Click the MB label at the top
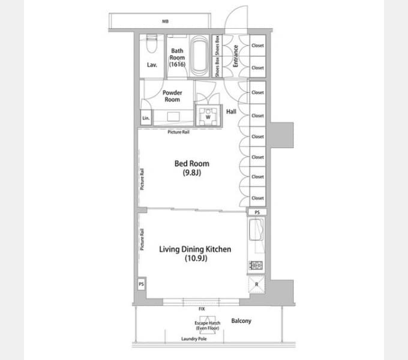click(165, 22)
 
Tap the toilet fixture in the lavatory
click(152, 43)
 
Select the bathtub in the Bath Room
click(200, 56)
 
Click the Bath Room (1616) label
click(177, 58)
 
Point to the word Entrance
click(235, 56)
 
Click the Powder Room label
click(172, 96)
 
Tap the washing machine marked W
click(208, 116)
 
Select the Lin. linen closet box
click(146, 118)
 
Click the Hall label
click(231, 112)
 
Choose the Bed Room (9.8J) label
click(192, 168)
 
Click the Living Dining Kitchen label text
click(195, 249)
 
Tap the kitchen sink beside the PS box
click(257, 230)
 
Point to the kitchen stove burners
click(256, 265)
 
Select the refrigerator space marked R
click(257, 284)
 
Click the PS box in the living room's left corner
click(141, 284)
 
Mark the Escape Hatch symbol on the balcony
click(208, 323)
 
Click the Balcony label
click(241, 321)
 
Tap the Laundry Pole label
click(194, 338)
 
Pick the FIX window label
click(202, 309)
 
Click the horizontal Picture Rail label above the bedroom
click(179, 132)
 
